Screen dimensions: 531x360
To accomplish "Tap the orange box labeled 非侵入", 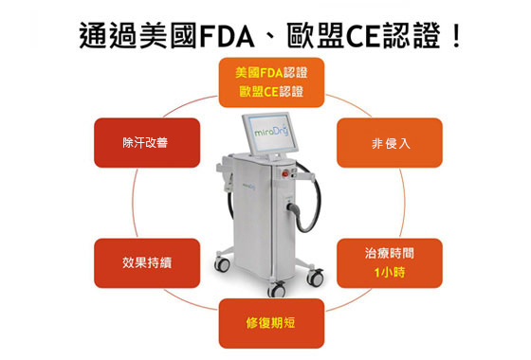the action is (390, 143).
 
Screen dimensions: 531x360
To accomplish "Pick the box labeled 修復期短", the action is (271, 323).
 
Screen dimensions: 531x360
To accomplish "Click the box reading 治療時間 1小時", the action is (390, 262).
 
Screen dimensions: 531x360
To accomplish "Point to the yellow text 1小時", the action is (390, 273).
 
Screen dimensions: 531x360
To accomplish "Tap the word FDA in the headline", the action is (229, 35).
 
